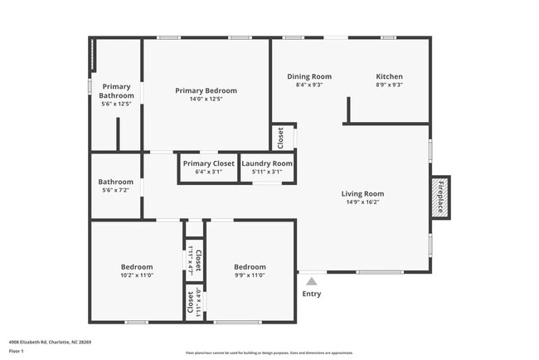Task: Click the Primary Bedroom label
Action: pyautogui.click(x=206, y=90)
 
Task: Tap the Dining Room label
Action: pyautogui.click(x=308, y=76)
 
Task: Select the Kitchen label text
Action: pyautogui.click(x=389, y=76)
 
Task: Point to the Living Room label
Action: pyautogui.click(x=363, y=194)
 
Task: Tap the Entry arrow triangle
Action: pyautogui.click(x=311, y=281)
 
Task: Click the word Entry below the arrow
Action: pyautogui.click(x=311, y=294)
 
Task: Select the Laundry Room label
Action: pyautogui.click(x=267, y=163)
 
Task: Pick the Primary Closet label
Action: pyautogui.click(x=209, y=163)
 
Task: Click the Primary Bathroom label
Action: pyautogui.click(x=116, y=90)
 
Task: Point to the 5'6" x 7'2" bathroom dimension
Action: pyautogui.click(x=116, y=190)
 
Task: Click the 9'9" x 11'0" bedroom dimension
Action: pyautogui.click(x=249, y=275)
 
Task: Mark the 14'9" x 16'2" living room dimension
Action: pyautogui.click(x=363, y=202)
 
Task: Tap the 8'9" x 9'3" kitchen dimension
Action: pyautogui.click(x=389, y=85)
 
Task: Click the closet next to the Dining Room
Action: pyautogui.click(x=281, y=137)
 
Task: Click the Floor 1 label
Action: pyautogui.click(x=17, y=351)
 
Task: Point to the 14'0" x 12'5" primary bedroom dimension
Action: pyautogui.click(x=206, y=99)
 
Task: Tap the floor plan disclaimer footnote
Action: pyautogui.click(x=269, y=353)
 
